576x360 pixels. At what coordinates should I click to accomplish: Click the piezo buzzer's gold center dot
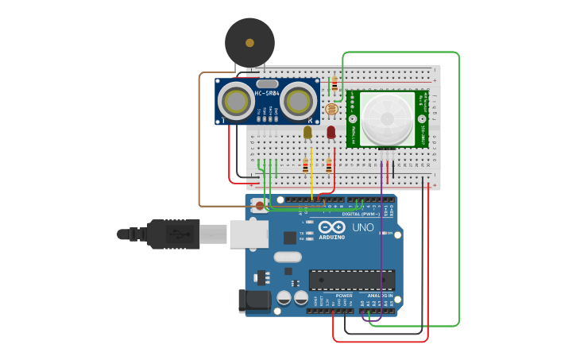click(249, 43)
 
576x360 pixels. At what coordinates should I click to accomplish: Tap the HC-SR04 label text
click(267, 94)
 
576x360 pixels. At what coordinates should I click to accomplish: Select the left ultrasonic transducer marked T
click(236, 101)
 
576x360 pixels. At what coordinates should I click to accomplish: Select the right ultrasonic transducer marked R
click(298, 101)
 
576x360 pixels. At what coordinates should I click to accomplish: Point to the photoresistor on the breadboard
click(331, 109)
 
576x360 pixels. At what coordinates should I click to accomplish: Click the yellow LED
click(307, 132)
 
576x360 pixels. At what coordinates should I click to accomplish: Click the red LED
click(331, 132)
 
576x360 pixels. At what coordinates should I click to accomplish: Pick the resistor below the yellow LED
click(305, 165)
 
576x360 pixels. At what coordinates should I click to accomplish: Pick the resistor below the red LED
click(328, 165)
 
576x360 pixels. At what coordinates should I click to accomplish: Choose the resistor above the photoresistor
click(334, 84)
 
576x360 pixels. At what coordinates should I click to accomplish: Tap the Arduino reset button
click(259, 205)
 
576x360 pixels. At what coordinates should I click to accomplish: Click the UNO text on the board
click(363, 227)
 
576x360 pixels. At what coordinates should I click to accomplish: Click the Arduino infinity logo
click(331, 227)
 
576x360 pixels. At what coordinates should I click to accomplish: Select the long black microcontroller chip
click(351, 280)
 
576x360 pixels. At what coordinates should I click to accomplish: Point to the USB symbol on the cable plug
click(179, 234)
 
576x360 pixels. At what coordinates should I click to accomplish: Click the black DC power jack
click(254, 300)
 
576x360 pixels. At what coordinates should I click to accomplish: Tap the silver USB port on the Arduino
click(248, 234)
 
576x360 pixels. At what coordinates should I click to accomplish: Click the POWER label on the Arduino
click(343, 296)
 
